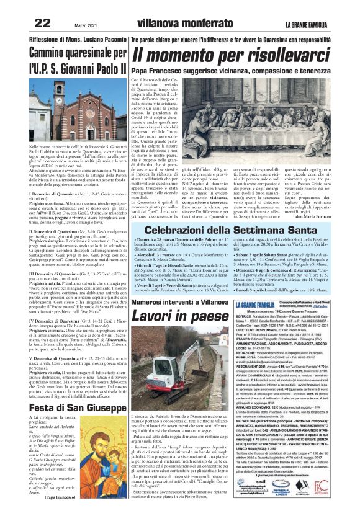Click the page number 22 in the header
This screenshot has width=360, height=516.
pyautogui.click(x=42, y=23)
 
